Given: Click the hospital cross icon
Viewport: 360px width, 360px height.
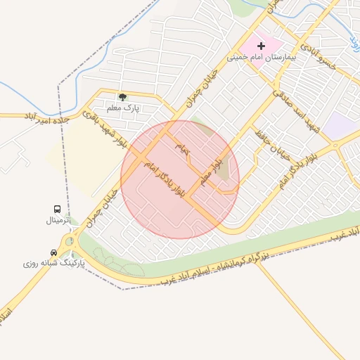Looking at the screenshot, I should tap(262, 46).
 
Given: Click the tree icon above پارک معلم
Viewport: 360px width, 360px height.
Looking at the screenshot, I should tap(123, 97).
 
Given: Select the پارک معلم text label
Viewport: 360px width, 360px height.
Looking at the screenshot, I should tap(123, 108).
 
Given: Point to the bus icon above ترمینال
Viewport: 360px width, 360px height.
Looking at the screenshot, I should tap(57, 210).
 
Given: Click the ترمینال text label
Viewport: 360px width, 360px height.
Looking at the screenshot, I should tap(59, 220).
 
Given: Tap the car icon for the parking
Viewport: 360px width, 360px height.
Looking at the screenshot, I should tap(53, 252).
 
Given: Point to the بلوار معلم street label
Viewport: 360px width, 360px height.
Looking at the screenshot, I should tap(215, 167).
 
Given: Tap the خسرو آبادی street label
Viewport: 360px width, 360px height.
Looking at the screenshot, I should tap(319, 56).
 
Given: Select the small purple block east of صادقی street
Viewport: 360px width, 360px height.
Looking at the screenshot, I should tap(342, 125).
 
